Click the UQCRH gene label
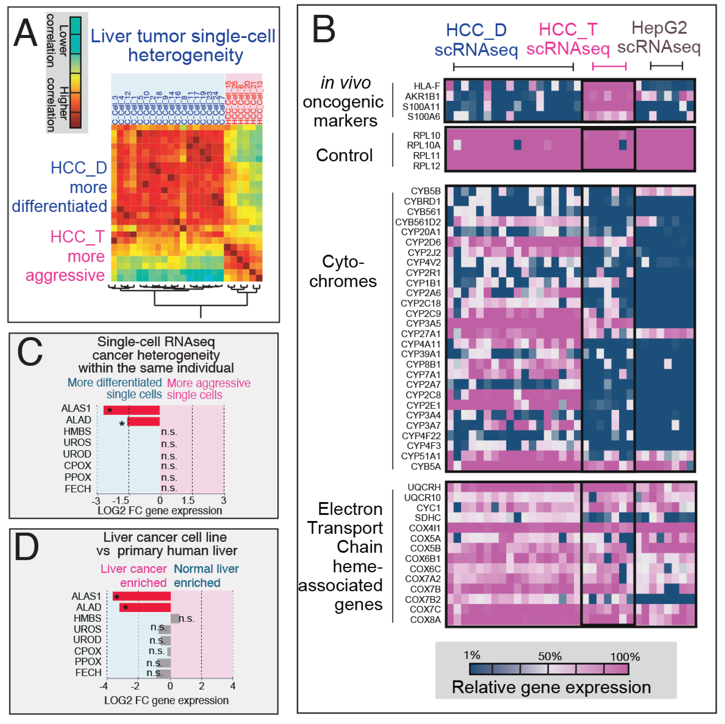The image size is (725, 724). (424, 487)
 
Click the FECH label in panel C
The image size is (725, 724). (78, 489)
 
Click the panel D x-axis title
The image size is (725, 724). (166, 700)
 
